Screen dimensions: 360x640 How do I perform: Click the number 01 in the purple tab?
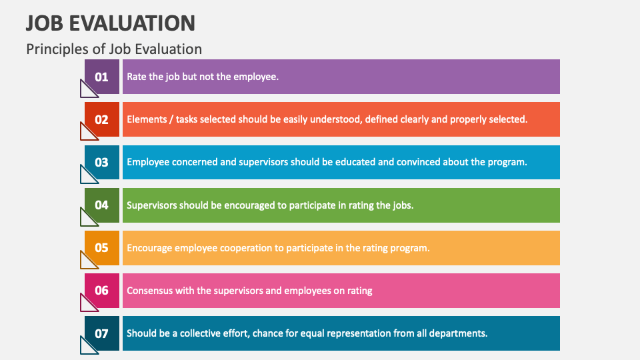point(101,77)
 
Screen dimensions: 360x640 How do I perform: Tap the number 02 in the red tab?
point(101,120)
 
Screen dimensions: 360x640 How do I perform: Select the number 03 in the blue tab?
point(101,162)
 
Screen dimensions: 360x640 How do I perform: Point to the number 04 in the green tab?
point(101,205)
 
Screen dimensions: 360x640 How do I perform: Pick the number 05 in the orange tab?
point(101,247)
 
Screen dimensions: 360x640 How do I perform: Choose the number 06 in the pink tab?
point(101,290)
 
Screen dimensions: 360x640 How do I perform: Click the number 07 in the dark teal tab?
point(101,333)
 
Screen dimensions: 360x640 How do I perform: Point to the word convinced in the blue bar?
point(423,162)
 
